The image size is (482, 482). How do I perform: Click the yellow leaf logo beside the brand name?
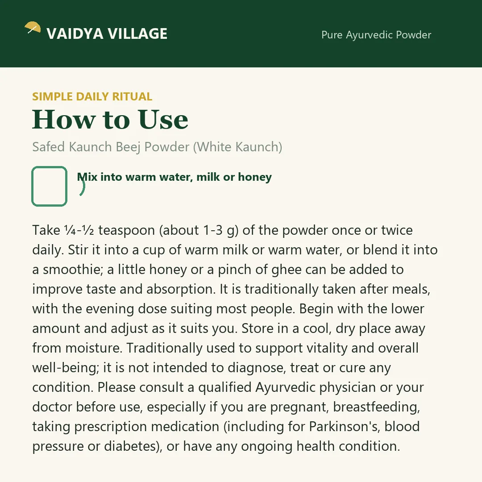(x=33, y=27)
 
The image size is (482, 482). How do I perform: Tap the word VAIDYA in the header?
(x=75, y=34)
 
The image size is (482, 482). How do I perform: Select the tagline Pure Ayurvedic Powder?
(x=376, y=35)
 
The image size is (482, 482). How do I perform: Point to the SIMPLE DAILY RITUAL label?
(x=92, y=96)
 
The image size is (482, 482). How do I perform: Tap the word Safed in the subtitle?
(x=49, y=147)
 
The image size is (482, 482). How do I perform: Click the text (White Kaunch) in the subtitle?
(x=237, y=147)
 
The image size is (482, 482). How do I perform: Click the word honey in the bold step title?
(x=255, y=177)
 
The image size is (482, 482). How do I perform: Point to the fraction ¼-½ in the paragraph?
(x=79, y=230)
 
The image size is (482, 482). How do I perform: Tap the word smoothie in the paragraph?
(x=73, y=270)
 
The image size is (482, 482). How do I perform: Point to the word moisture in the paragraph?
(x=94, y=348)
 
